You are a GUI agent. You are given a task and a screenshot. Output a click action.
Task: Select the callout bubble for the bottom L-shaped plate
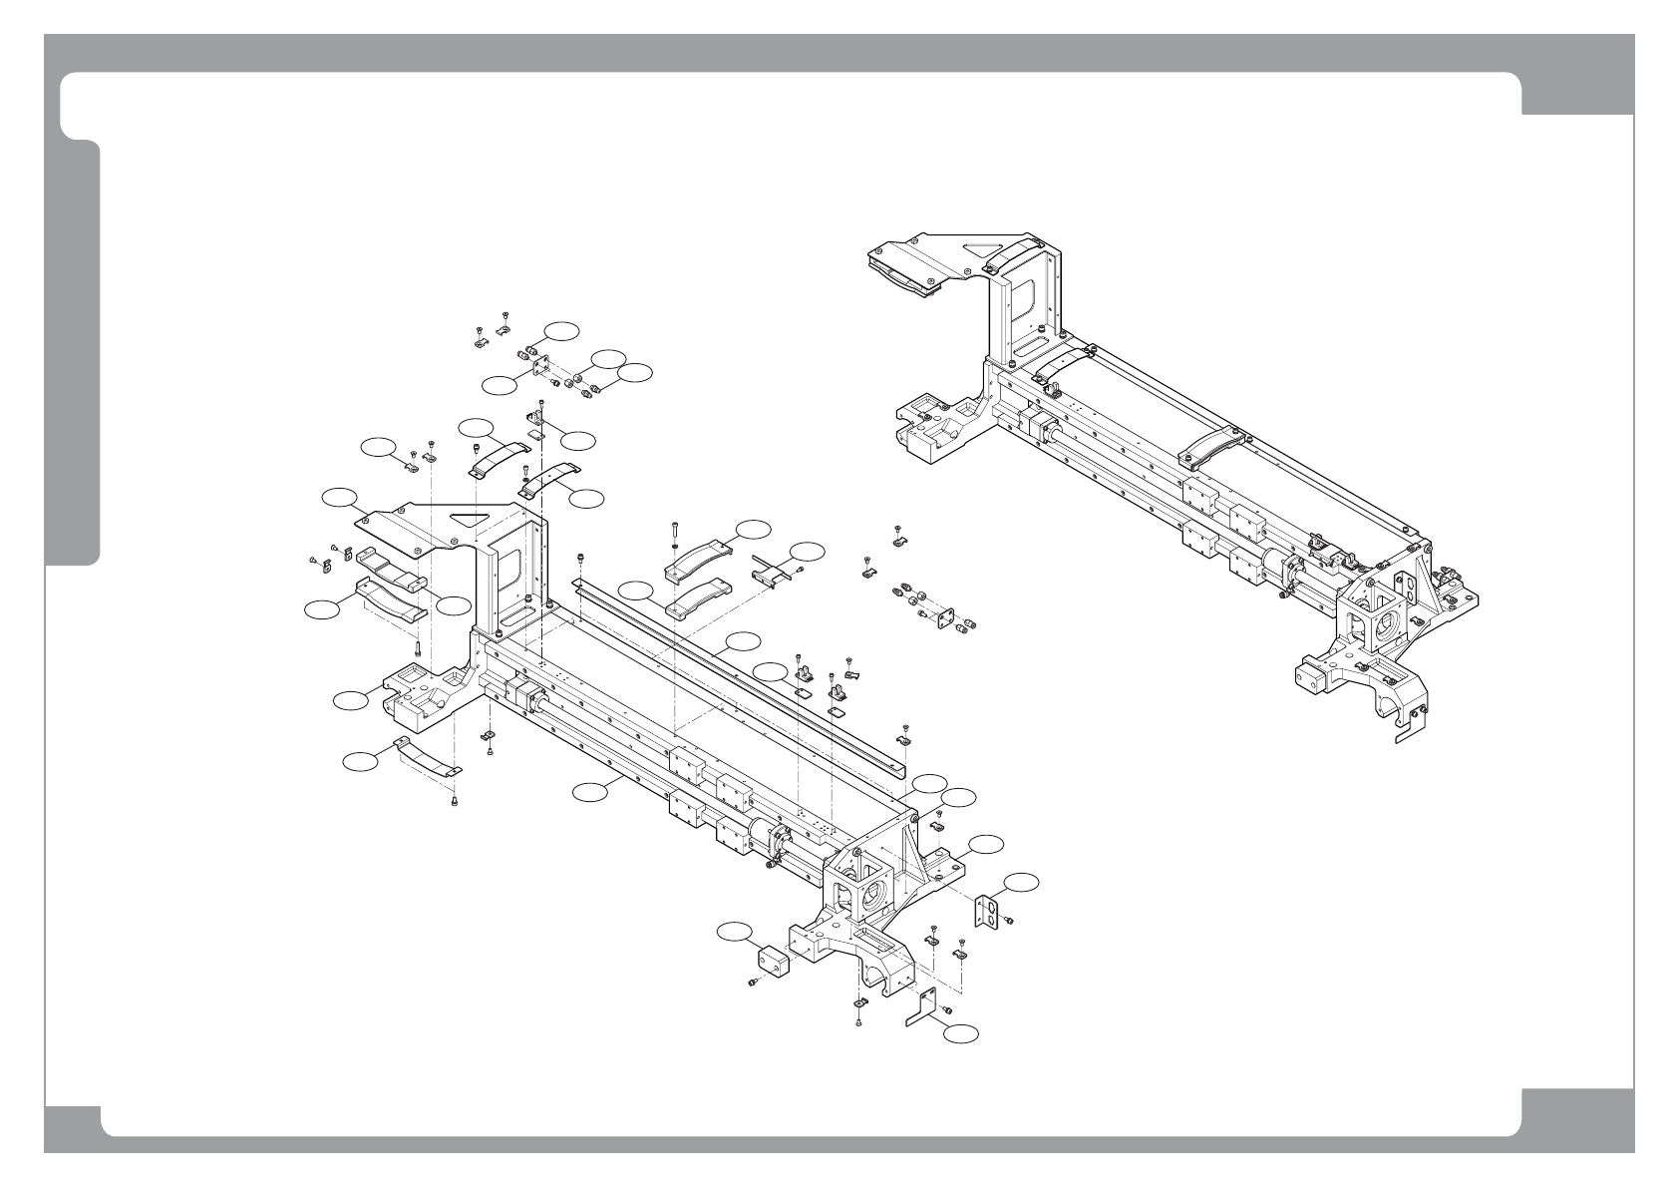[x=961, y=1034]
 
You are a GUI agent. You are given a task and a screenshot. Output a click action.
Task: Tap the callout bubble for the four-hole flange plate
[x=498, y=384]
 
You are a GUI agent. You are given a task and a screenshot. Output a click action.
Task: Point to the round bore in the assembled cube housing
[x=1385, y=629]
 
